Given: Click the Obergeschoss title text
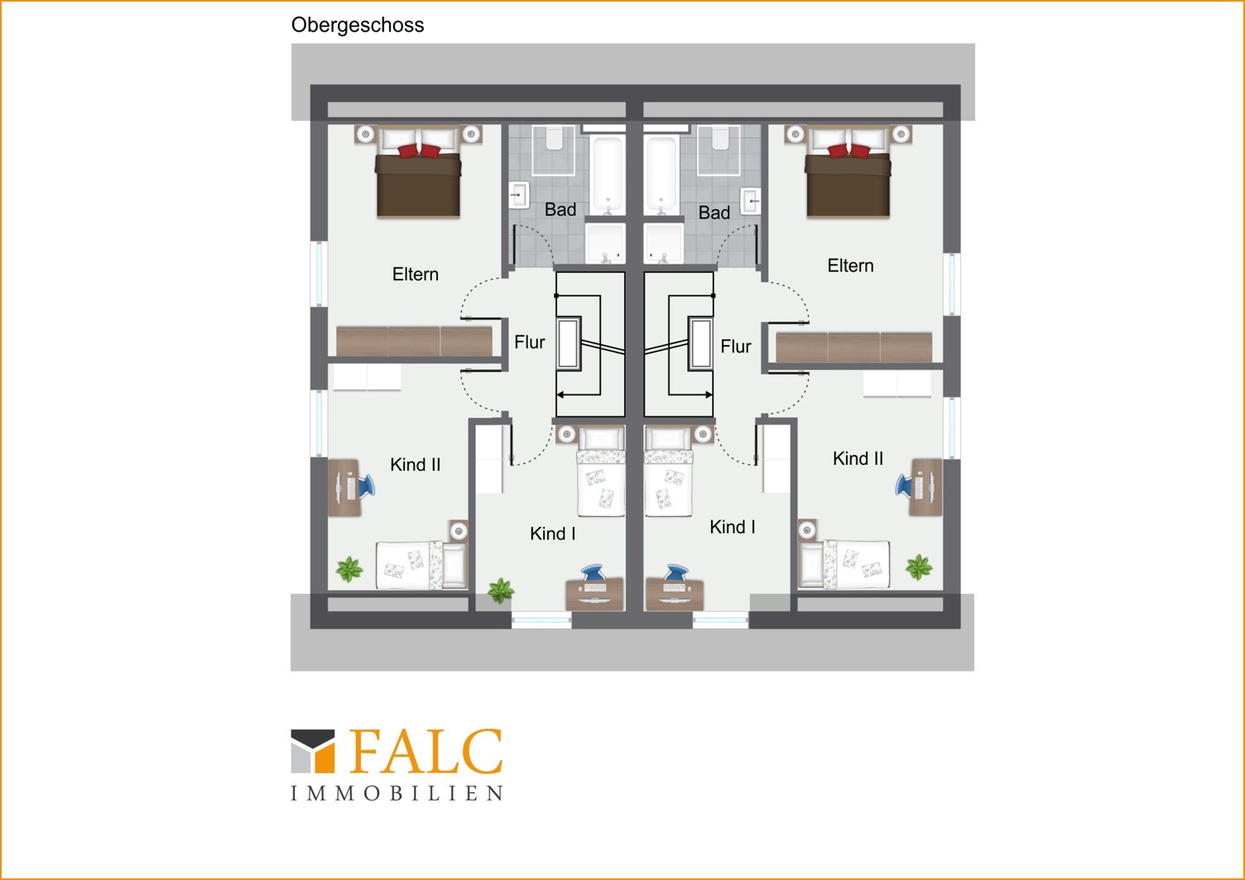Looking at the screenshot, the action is coord(358,26).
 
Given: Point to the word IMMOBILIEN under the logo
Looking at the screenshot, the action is coord(397,793).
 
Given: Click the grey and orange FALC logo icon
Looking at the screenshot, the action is coord(313,751).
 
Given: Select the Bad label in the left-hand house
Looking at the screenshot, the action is coord(560,209).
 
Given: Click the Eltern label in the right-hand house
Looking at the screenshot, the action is coord(850,265).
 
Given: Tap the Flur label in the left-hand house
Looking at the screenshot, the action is coord(529,342).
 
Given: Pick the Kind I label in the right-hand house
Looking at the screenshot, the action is coord(733,527).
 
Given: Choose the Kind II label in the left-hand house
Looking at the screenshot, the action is coord(416,464).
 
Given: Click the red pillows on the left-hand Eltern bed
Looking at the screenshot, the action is coord(419,150).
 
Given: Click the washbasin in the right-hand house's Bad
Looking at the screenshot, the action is coord(751,199).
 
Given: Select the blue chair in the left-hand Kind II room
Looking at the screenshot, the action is coord(366,486).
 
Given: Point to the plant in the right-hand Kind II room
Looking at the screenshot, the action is coord(918,567).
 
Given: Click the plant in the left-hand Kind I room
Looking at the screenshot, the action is coord(501,591).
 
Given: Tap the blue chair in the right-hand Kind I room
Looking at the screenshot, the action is coord(676,572).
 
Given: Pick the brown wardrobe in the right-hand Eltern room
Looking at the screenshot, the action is coord(853,347).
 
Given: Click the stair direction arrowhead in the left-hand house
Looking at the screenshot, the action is coord(560,395).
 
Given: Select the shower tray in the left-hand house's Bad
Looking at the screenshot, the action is coord(605,244).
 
